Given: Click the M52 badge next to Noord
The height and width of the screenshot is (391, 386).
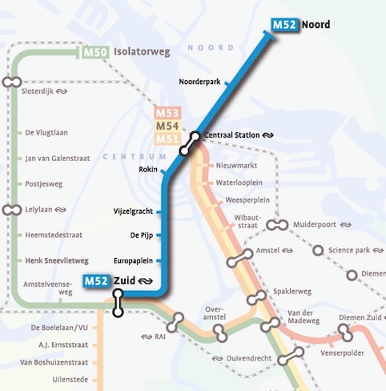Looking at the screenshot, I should (285, 25).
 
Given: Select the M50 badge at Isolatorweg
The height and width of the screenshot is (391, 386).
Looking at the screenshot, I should (95, 54).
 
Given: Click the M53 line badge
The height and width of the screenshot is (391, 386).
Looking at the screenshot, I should (167, 113).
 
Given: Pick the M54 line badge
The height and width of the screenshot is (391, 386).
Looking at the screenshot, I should (167, 126).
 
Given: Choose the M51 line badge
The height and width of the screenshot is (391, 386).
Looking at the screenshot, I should (167, 139).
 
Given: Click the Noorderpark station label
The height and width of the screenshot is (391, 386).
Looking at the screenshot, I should (199, 83).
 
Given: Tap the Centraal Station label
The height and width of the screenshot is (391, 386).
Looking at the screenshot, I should (232, 135).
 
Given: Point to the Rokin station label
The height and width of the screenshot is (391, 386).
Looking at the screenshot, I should (147, 169).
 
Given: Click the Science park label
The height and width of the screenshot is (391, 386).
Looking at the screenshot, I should (350, 251).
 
